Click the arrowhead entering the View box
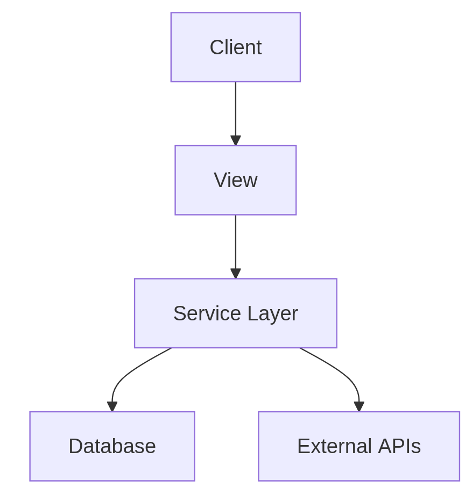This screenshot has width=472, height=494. [x=235, y=140]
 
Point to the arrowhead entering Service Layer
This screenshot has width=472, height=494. [x=235, y=274]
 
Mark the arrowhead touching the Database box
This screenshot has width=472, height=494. [x=112, y=406]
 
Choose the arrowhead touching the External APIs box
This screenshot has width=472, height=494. [x=359, y=406]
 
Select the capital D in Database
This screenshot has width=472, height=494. [x=75, y=446]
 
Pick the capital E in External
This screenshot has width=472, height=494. [x=303, y=446]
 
